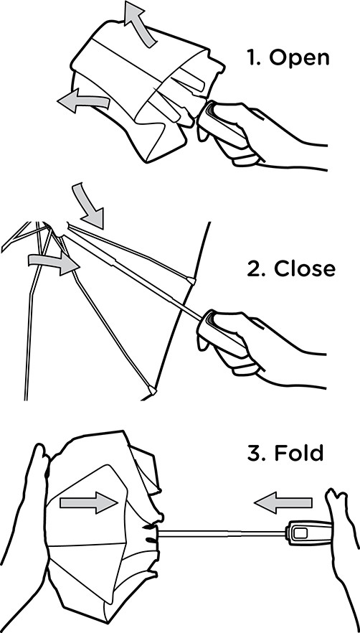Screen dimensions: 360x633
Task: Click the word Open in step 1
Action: pyautogui.click(x=300, y=59)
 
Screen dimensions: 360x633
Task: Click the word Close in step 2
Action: pyautogui.click(x=305, y=268)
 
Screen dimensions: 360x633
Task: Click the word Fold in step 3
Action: pyautogui.click(x=299, y=453)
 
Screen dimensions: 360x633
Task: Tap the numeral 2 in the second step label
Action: pyautogui.click(x=254, y=268)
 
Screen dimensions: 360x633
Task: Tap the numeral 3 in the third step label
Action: pyautogui.click(x=255, y=453)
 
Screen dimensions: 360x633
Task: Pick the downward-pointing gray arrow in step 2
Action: pyautogui.click(x=89, y=204)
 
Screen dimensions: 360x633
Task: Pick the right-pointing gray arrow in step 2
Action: pyautogui.click(x=54, y=263)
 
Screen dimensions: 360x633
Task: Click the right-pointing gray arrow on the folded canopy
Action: pyautogui.click(x=88, y=502)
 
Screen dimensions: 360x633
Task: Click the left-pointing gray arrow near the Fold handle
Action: pyautogui.click(x=283, y=502)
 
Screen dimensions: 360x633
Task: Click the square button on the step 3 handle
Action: pyautogui.click(x=300, y=533)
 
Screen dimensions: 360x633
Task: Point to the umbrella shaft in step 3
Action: pyautogui.click(x=222, y=533)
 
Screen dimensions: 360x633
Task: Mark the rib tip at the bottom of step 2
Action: pyautogui.click(x=152, y=390)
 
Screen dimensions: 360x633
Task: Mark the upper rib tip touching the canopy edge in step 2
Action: pyautogui.click(x=191, y=281)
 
